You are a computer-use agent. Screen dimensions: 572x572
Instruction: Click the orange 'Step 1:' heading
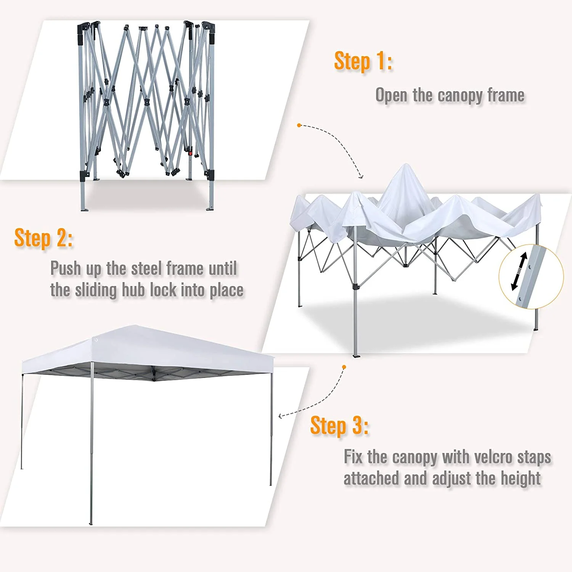[x=363, y=61]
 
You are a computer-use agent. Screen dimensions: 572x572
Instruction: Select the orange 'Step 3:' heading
[x=339, y=426]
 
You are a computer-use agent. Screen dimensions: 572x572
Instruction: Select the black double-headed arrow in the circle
[x=519, y=271]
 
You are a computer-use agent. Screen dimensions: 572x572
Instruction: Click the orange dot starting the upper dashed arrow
[x=299, y=125]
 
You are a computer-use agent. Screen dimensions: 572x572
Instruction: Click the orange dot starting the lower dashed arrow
[x=344, y=367]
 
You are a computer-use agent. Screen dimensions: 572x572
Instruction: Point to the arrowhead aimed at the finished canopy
[x=281, y=416]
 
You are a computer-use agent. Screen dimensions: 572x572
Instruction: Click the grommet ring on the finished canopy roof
[x=96, y=340]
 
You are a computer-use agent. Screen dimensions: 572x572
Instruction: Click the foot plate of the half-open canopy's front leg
[x=356, y=356]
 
